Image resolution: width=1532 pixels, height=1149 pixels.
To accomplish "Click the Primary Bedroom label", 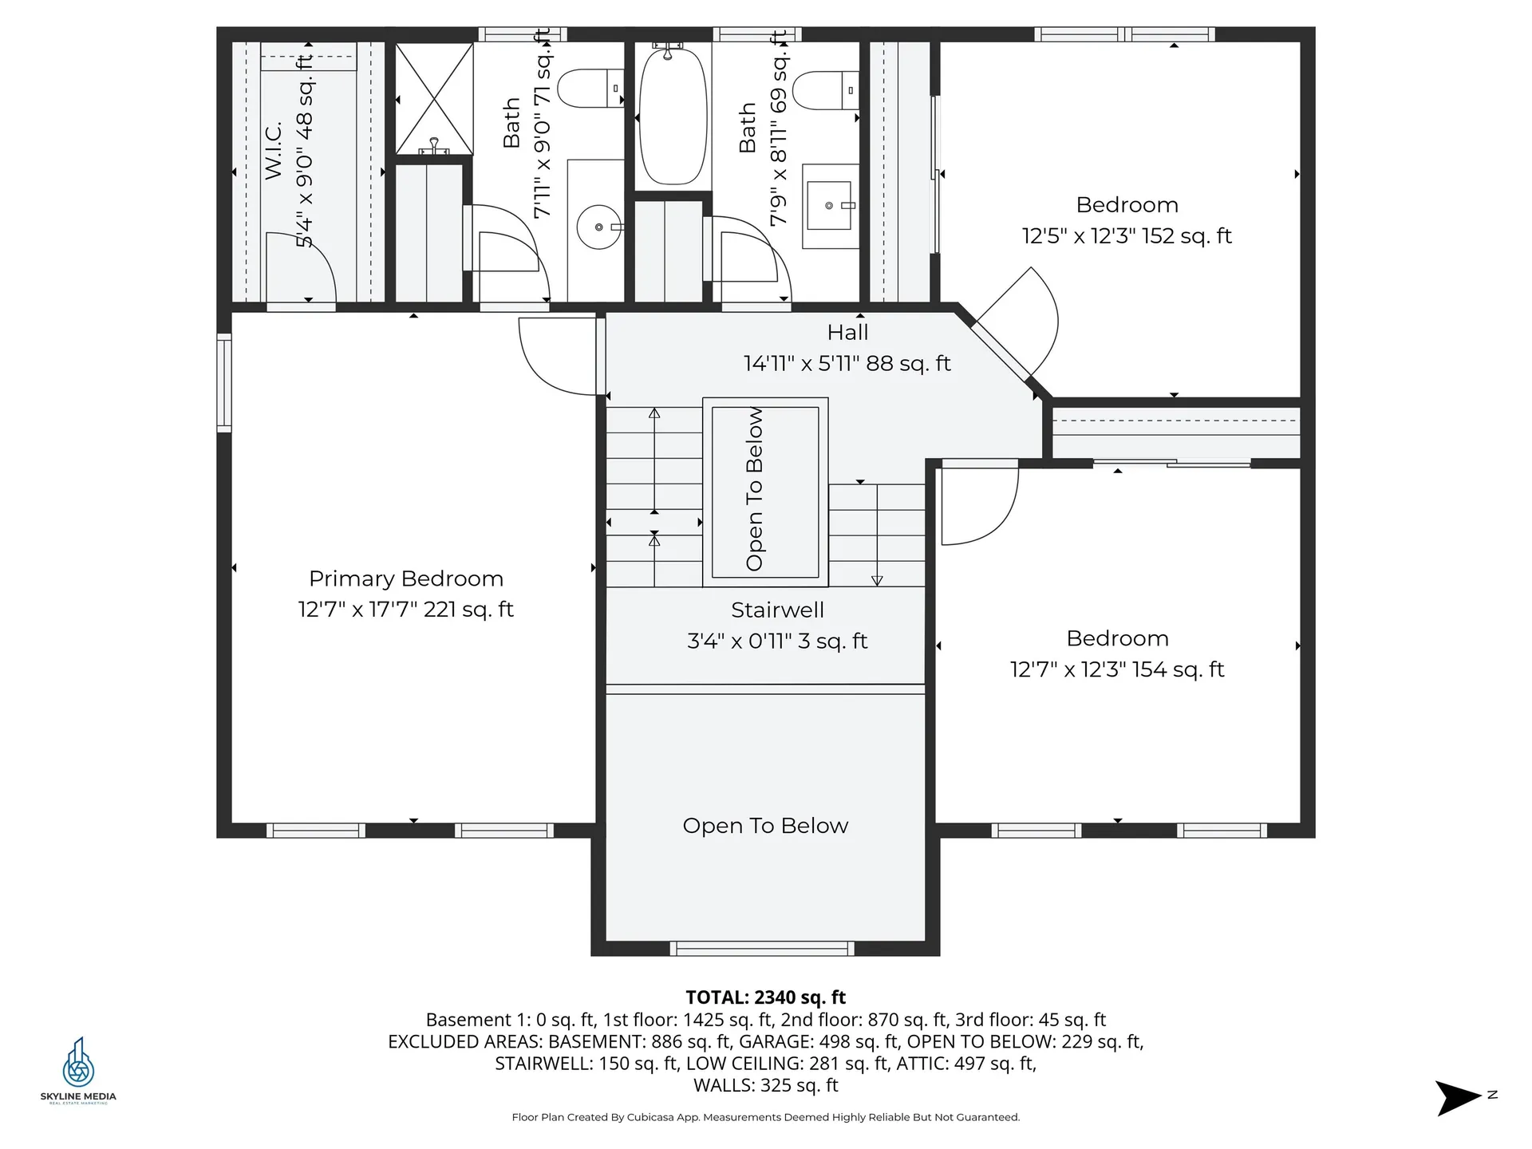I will pyautogui.click(x=405, y=578).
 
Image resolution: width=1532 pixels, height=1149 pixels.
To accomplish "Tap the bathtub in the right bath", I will pyautogui.click(x=673, y=116).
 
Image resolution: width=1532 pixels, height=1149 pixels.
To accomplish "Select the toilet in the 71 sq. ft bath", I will pyautogui.click(x=589, y=89).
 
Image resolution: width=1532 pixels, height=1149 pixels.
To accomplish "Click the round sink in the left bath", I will pyautogui.click(x=598, y=227).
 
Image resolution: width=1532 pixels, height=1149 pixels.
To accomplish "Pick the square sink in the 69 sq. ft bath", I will pyautogui.click(x=829, y=205).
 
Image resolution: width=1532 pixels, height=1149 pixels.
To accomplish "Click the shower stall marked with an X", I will pyautogui.click(x=434, y=99).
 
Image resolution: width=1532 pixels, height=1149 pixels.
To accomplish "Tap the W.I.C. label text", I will pyautogui.click(x=274, y=150).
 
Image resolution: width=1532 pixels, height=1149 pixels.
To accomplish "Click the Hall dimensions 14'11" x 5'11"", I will pyautogui.click(x=847, y=364).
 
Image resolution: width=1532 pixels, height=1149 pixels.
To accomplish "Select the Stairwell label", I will pyautogui.click(x=777, y=610).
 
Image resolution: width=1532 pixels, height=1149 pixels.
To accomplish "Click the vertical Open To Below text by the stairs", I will pyautogui.click(x=755, y=488).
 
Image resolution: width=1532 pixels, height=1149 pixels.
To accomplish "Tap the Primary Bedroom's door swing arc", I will pyautogui.click(x=556, y=355).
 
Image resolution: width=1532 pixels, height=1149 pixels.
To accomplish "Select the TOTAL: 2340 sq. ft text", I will pyautogui.click(x=765, y=997).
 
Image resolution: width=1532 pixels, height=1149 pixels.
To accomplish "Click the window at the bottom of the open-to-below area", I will pyautogui.click(x=762, y=948).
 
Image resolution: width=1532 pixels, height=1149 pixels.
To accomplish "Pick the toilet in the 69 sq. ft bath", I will pyautogui.click(x=826, y=90).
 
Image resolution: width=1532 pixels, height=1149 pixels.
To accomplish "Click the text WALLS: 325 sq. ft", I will pyautogui.click(x=765, y=1085).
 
